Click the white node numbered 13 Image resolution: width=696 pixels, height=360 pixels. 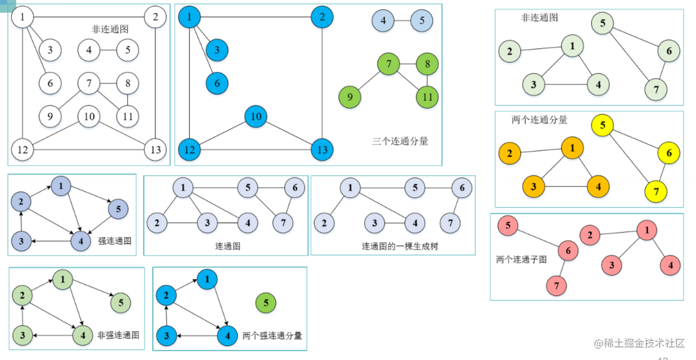(155, 150)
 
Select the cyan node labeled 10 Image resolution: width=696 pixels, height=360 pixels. (256, 117)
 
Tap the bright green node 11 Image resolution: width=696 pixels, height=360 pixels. (427, 97)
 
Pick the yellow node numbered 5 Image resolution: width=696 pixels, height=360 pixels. (602, 125)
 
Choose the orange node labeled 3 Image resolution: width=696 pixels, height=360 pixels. (534, 187)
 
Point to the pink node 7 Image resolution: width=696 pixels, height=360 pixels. (557, 285)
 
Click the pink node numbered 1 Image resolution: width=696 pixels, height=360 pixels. (646, 230)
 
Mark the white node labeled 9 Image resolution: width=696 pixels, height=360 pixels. (50, 117)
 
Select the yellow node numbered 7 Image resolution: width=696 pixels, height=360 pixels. (656, 192)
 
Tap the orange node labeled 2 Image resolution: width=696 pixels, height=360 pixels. (509, 154)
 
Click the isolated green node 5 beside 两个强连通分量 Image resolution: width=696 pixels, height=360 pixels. (266, 303)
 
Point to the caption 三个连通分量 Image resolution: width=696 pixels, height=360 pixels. (400, 141)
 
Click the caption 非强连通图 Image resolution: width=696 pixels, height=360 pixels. (119, 335)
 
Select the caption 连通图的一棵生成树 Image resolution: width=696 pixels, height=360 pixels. (400, 247)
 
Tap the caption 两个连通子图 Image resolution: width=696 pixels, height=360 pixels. (521, 259)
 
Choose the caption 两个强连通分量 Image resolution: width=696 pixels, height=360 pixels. (272, 336)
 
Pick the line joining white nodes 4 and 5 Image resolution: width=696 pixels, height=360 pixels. (108, 50)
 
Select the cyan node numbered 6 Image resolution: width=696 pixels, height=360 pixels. (217, 83)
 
